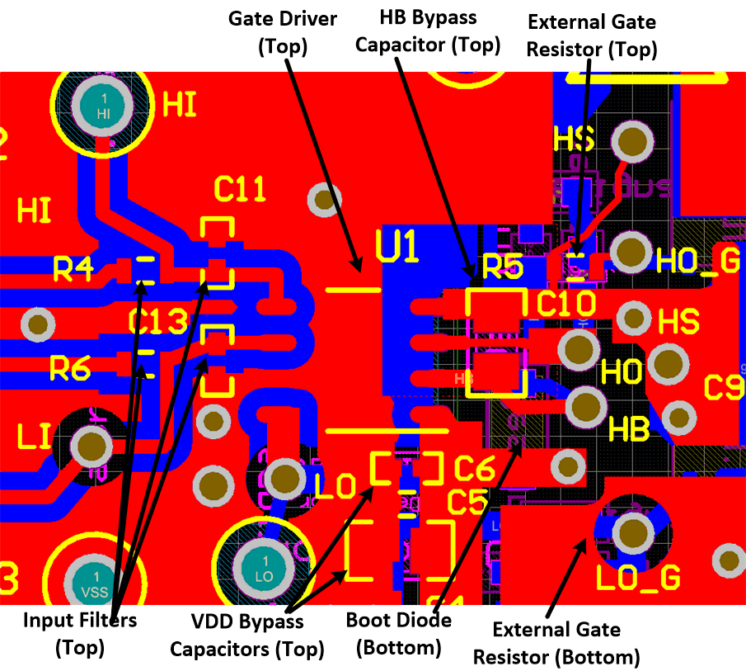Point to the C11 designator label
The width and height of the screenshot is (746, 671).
(x=240, y=191)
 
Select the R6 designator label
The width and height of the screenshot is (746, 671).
(x=70, y=371)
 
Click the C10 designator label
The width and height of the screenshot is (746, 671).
(x=565, y=304)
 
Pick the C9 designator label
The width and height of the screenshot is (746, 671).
(x=725, y=388)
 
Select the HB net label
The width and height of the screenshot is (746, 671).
(x=629, y=428)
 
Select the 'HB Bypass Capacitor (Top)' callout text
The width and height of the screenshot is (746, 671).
(x=428, y=31)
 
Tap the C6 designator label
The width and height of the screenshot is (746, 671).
(x=474, y=469)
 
